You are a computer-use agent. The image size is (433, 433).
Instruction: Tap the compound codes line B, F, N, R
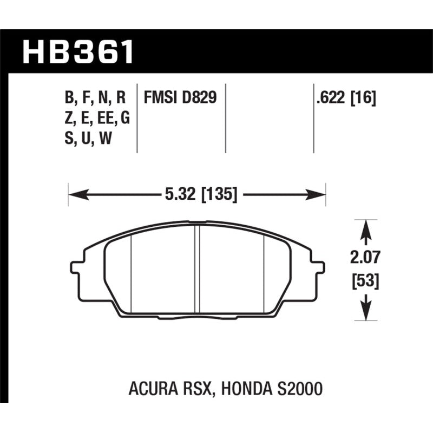[96, 98]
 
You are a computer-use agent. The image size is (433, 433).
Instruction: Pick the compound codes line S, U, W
[89, 138]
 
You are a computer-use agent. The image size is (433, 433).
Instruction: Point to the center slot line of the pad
[199, 268]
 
